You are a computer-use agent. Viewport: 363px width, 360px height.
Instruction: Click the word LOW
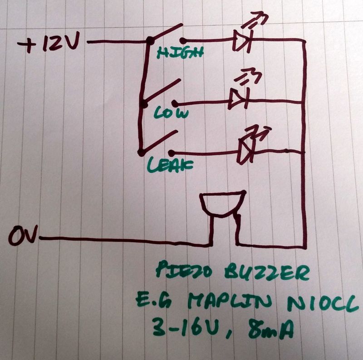(x=172, y=113)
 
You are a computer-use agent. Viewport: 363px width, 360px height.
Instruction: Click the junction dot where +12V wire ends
(x=149, y=43)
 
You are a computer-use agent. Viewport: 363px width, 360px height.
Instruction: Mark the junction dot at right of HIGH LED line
(x=303, y=42)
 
